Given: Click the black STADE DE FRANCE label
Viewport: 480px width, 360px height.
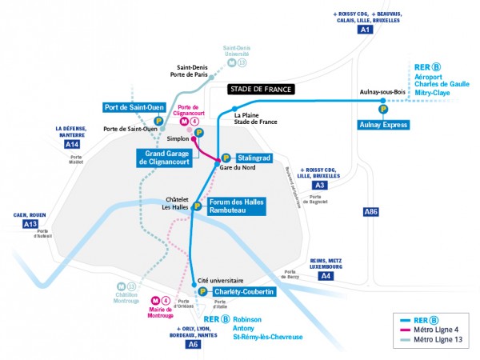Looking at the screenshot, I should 261,90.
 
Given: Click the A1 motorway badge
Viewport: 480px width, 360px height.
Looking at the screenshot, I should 366,30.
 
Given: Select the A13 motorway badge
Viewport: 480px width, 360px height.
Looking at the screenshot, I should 30,224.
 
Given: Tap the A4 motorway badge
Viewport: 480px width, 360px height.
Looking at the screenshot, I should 326,276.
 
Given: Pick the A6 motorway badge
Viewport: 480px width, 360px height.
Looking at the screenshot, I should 192,344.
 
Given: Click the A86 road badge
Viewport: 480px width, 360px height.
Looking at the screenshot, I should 370,212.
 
